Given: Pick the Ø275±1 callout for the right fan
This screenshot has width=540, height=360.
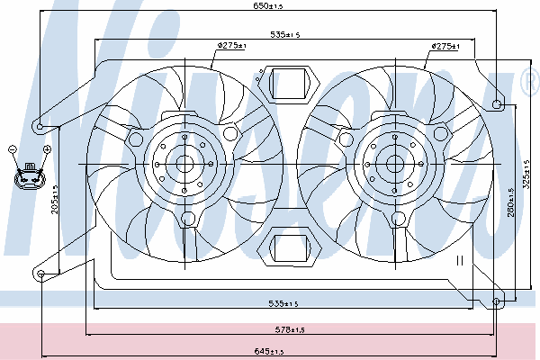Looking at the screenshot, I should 445,46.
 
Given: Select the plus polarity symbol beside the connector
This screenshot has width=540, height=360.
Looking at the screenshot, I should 46,148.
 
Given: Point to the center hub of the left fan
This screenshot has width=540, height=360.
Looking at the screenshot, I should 185,164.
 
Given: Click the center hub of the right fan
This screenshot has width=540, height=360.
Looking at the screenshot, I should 395,164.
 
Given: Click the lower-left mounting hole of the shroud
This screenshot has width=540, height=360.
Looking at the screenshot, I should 41,275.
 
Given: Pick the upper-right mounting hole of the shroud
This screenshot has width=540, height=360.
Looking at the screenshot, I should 498,104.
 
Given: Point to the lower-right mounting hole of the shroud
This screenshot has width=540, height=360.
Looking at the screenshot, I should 498,301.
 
